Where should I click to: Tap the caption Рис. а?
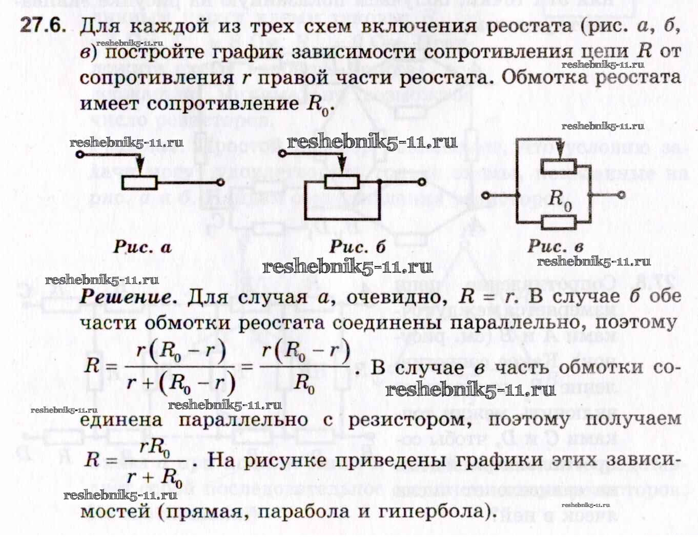(x=142, y=247)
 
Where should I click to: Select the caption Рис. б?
(x=357, y=247)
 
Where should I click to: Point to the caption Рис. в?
(x=556, y=246)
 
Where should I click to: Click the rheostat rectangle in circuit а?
(x=140, y=182)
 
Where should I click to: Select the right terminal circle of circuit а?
(x=220, y=182)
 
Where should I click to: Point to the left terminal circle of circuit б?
(x=282, y=153)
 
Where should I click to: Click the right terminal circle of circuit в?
(x=621, y=195)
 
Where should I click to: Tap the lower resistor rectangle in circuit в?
(x=559, y=222)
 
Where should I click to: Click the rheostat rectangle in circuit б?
(x=342, y=182)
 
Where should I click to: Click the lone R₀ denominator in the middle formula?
(x=304, y=382)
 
